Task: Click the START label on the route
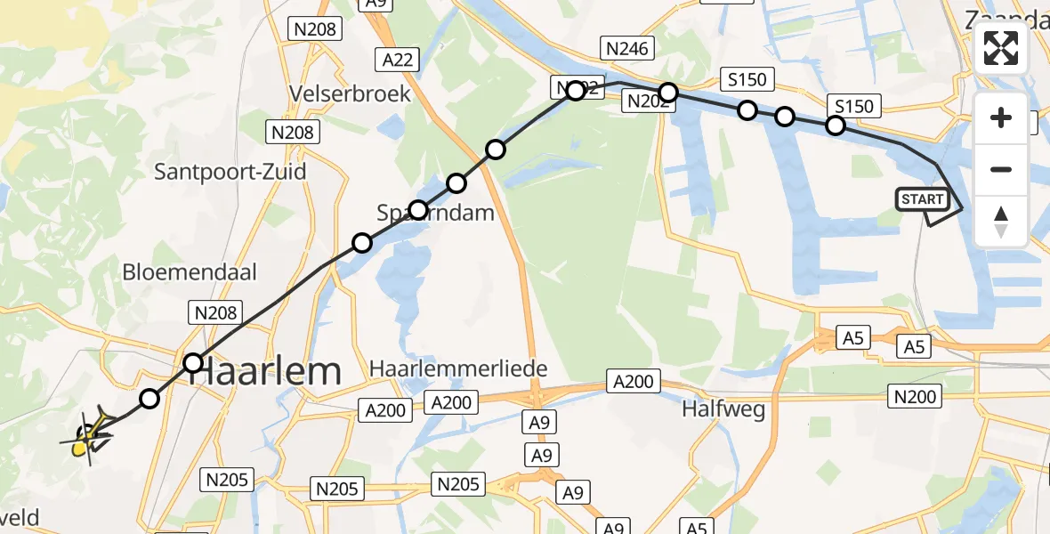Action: (923, 199)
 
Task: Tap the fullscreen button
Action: (1001, 48)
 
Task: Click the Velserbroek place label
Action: (350, 93)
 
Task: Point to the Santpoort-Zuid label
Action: (230, 171)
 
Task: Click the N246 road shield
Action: (627, 48)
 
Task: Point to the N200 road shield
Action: (916, 397)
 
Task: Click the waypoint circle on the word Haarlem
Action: (193, 362)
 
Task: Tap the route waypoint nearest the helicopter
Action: (149, 399)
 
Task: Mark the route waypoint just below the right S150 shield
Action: (835, 125)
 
